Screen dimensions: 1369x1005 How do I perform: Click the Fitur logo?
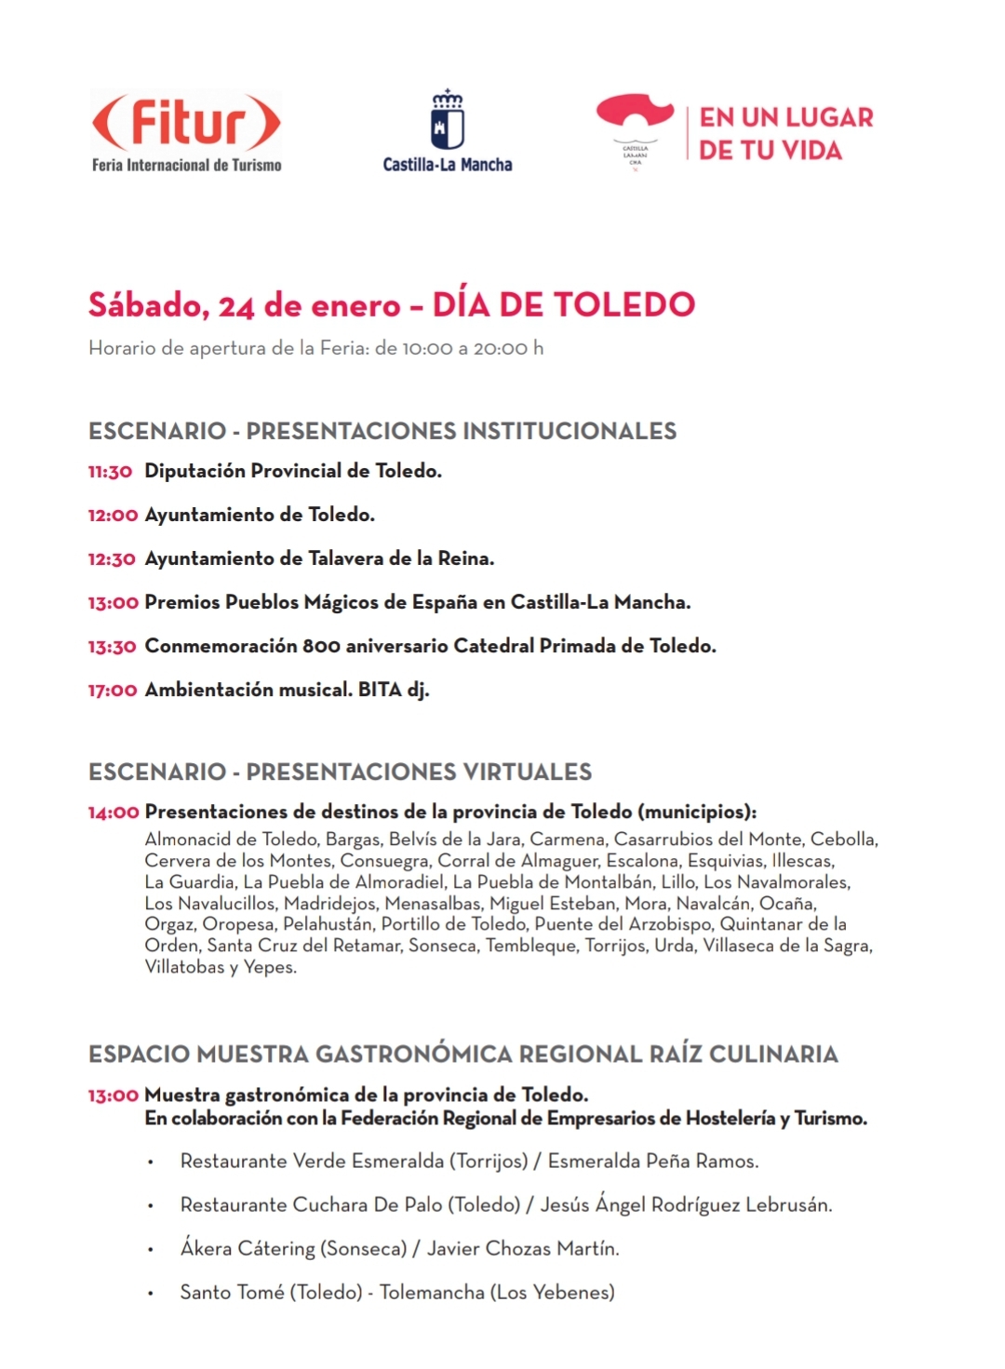(x=186, y=130)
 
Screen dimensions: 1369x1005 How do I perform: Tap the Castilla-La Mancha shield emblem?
(x=448, y=121)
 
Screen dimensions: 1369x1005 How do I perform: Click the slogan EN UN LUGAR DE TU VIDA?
(x=786, y=134)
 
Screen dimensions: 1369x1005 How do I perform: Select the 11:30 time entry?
(x=111, y=472)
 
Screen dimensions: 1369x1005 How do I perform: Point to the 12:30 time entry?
(x=112, y=559)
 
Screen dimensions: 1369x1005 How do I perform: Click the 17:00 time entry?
(x=113, y=691)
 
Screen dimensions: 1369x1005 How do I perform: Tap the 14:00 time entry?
(x=114, y=812)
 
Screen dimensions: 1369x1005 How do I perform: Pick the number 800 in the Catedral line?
(x=321, y=646)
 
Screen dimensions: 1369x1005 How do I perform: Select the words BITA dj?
(x=394, y=690)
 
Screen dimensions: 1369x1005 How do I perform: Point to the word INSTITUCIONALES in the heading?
(x=569, y=431)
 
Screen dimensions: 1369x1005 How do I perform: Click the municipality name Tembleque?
(x=530, y=946)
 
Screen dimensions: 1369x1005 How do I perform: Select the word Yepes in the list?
(x=270, y=968)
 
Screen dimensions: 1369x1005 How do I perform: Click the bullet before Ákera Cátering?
(x=150, y=1250)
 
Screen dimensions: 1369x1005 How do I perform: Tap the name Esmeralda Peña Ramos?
(x=652, y=1161)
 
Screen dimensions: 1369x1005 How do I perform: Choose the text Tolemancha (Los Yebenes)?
(x=497, y=1293)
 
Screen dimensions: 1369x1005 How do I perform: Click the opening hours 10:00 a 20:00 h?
(x=473, y=348)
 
